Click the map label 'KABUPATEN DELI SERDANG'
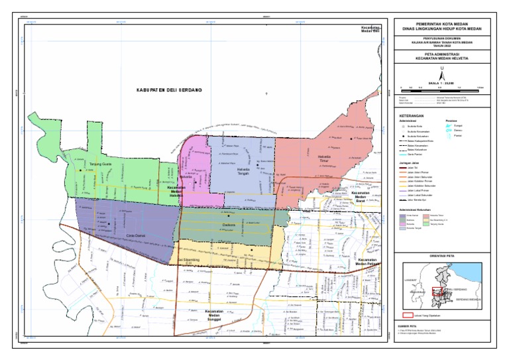169,90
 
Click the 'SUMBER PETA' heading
409,327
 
